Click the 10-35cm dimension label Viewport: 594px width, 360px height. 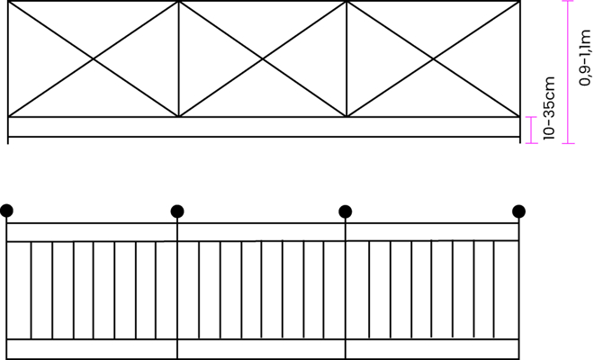coord(549,108)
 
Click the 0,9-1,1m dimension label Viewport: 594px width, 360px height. coord(585,58)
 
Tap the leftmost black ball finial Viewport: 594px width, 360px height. coord(6,211)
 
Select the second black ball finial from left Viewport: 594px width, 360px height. coord(177,211)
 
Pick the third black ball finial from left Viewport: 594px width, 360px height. coord(345,211)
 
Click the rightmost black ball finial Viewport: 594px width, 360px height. coord(518,211)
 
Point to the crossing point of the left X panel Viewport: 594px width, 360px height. coord(94,58)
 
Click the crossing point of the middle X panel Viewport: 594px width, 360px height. coord(263,58)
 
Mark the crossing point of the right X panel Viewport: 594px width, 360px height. coord(433,58)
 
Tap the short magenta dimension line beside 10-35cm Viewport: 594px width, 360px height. coord(532,130)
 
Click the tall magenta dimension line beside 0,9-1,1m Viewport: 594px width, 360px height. coord(568,72)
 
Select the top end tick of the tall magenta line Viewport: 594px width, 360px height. coord(568,1)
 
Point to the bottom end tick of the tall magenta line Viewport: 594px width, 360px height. coord(568,143)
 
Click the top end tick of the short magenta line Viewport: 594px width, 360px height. coord(532,117)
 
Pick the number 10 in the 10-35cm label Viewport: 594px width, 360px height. coord(549,134)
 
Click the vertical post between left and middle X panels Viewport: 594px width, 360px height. coord(178,58)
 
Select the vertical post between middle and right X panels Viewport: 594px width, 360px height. coord(346,58)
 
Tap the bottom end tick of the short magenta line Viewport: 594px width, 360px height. coord(532,143)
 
